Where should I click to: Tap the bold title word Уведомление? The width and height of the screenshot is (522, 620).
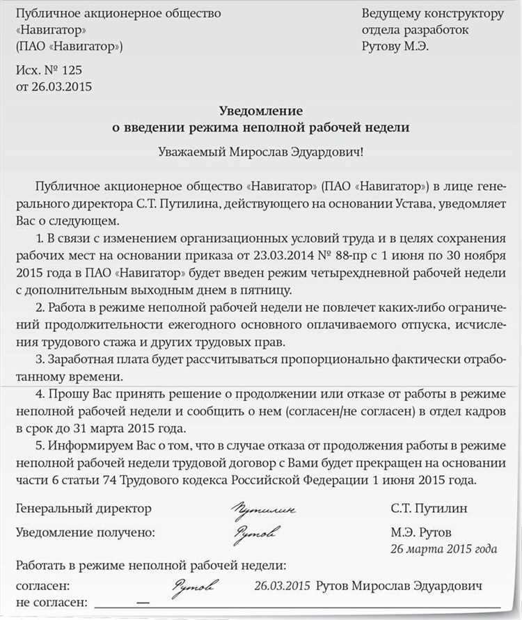pos(261,111)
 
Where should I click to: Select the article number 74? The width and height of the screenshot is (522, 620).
pos(114,481)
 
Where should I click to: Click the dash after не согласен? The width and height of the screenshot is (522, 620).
pos(143,602)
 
